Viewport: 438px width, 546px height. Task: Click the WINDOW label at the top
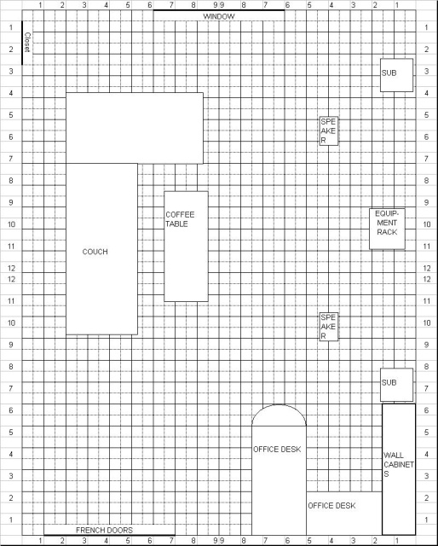(219, 16)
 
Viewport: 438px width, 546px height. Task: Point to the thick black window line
(219, 10)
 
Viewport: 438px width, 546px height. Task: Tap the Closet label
(27, 43)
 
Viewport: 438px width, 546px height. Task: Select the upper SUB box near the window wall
(396, 75)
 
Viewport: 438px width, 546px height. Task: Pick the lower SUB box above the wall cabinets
(396, 385)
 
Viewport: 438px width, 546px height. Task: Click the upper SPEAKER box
(329, 131)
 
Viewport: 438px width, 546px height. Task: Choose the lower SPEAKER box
(329, 327)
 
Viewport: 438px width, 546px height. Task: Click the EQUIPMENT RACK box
(387, 229)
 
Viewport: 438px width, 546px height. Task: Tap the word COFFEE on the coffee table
(180, 214)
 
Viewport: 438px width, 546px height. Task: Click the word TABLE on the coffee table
(176, 224)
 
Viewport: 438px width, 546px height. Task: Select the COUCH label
(95, 252)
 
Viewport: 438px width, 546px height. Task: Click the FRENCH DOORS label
(104, 530)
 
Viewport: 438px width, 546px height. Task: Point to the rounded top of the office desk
(279, 405)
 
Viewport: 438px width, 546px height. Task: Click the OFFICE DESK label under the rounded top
(277, 450)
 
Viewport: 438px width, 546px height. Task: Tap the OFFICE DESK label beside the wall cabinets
(331, 506)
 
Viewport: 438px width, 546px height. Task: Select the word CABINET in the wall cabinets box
(399, 464)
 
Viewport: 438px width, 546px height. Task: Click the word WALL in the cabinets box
(394, 455)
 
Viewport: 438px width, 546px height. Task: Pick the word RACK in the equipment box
(387, 232)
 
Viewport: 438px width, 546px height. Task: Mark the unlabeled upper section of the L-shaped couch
(135, 128)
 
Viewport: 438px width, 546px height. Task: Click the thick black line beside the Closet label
(22, 43)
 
